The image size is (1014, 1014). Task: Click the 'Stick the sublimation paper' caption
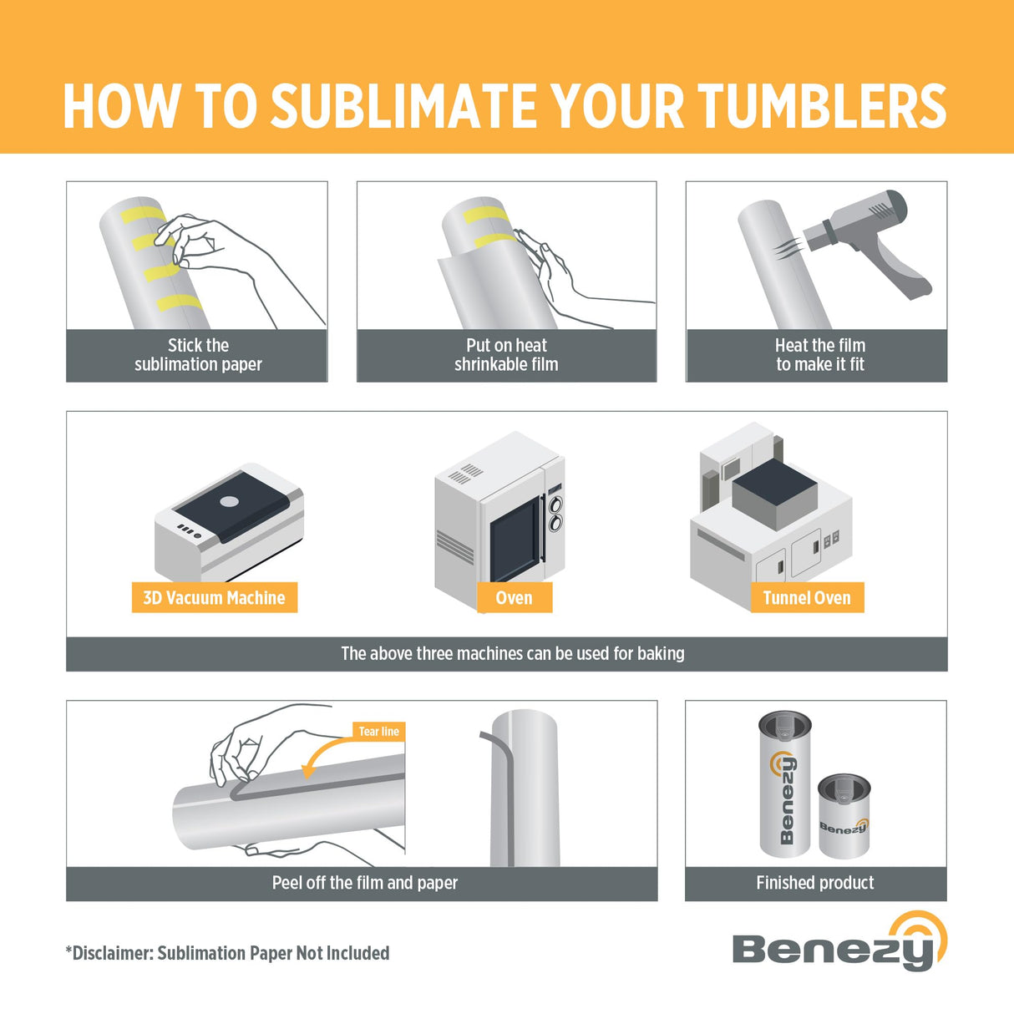pos(198,355)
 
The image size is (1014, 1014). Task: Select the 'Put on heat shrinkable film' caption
pos(506,355)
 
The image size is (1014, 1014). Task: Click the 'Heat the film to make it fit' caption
pos(819,355)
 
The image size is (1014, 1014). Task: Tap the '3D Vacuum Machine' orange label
pos(214,598)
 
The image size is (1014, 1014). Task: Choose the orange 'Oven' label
pos(514,598)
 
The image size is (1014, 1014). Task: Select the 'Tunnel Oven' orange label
pos(806,598)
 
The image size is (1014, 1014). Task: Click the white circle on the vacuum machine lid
pos(229,502)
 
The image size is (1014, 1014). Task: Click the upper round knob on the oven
pos(555,504)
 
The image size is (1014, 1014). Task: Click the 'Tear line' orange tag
pos(378,732)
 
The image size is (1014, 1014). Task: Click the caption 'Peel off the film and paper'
pos(365,883)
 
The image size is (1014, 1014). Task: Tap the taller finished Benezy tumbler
pos(785,785)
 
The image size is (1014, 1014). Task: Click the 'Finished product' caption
pos(814,883)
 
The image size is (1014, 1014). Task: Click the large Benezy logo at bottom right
pos(839,944)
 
